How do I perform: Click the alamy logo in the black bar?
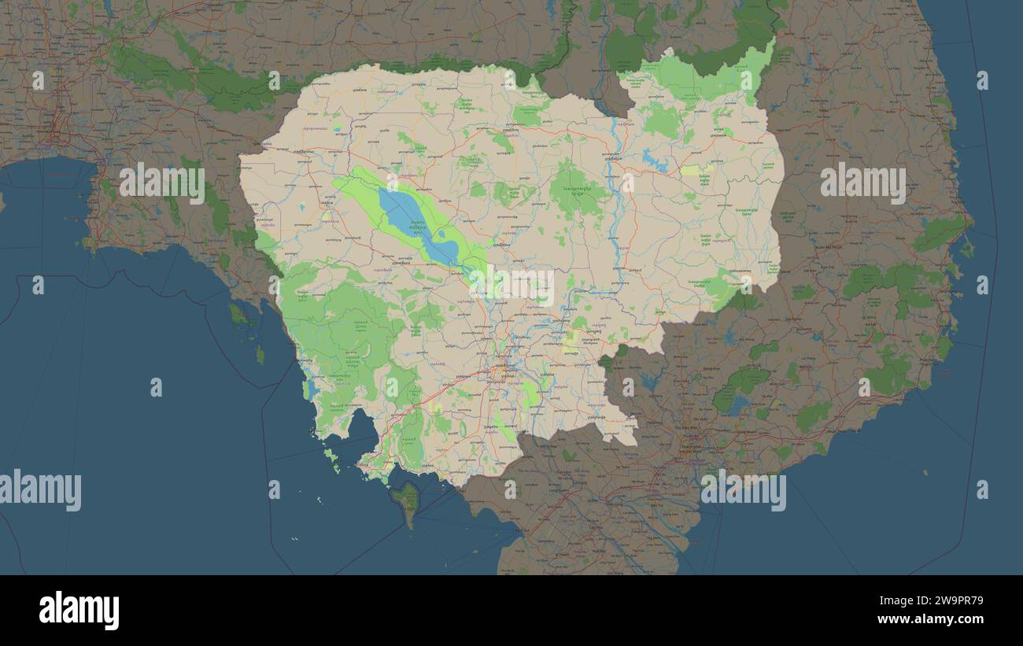[79, 611]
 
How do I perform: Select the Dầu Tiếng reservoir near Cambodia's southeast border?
[650, 382]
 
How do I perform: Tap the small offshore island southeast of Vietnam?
[925, 472]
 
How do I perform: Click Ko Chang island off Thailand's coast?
[237, 314]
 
